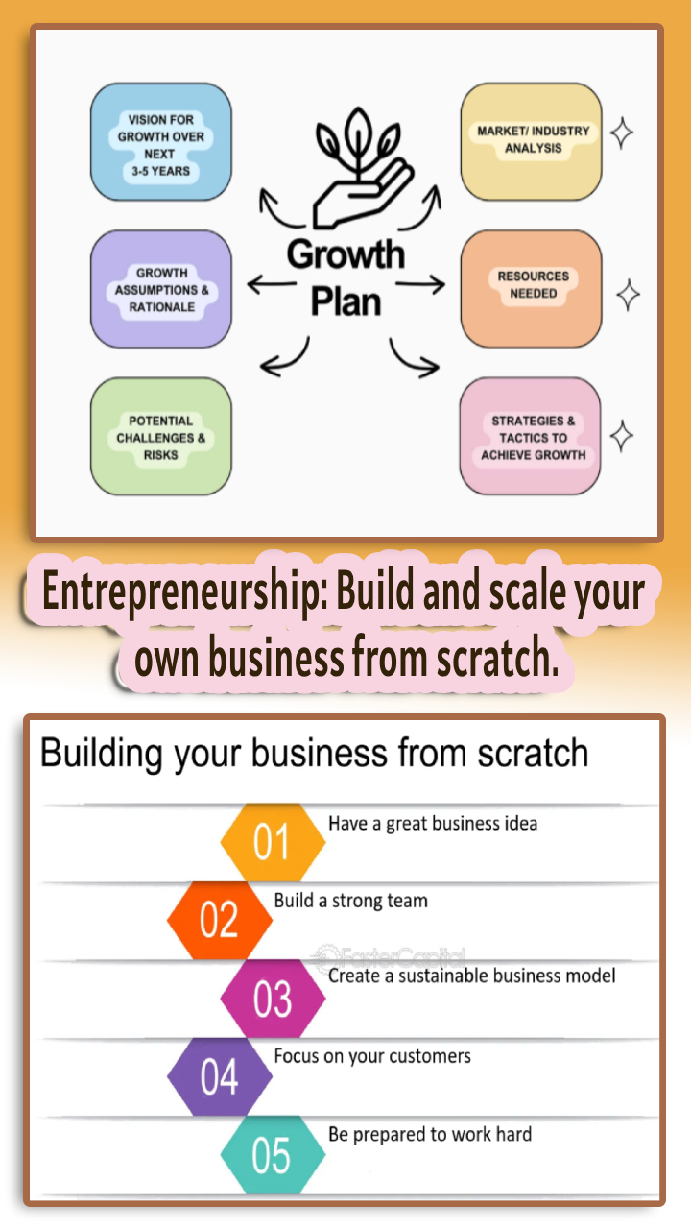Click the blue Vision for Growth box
160,142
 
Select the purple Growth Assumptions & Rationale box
160,289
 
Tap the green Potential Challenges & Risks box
160,437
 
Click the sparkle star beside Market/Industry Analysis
622,133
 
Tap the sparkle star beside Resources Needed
628,295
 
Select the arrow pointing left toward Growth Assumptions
272,284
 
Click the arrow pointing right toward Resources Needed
421,284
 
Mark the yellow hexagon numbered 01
273,842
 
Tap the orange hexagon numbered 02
219,920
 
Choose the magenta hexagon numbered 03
273,999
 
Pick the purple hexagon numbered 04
219,1077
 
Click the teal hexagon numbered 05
273,1155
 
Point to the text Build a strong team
351,901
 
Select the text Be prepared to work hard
430,1134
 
